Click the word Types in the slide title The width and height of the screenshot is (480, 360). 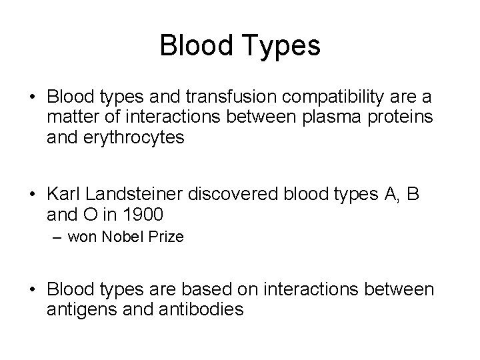[x=282, y=46]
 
